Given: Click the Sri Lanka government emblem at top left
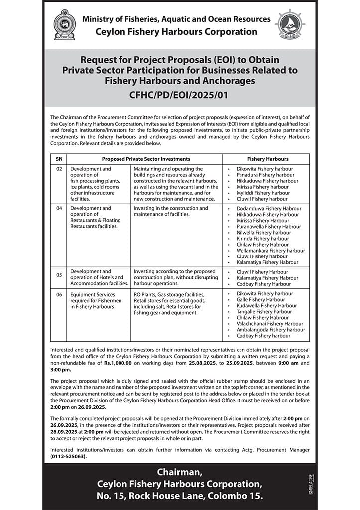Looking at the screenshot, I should (x=64, y=25).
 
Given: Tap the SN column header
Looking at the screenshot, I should (x=59, y=159).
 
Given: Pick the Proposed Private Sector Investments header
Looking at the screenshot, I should (x=146, y=159).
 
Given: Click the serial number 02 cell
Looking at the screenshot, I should (x=59, y=169).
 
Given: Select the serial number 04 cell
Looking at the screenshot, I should (x=59, y=208).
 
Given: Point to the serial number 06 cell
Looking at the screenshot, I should (x=59, y=294).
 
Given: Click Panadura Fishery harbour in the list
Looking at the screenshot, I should (x=265, y=175).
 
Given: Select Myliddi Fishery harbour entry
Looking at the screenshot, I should (x=263, y=193).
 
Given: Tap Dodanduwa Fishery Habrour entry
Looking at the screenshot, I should (x=269, y=209).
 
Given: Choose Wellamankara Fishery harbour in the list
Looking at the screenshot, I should (x=271, y=251).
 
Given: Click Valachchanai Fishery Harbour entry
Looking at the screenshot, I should (x=270, y=324).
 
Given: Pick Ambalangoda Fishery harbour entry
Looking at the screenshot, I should (x=271, y=330).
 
